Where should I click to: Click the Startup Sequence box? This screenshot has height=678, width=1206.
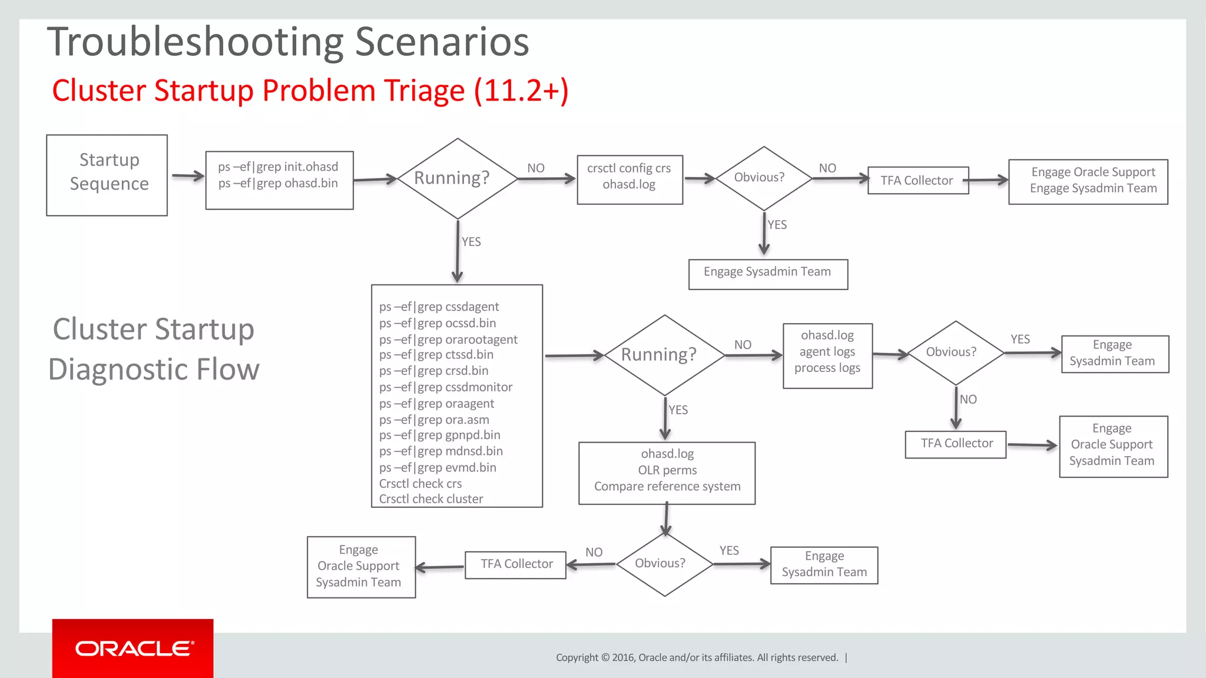pos(107,175)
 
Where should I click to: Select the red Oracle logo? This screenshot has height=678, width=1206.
pos(133,649)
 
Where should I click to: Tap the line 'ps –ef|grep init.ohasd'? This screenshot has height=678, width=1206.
pos(278,167)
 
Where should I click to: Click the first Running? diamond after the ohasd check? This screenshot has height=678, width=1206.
pos(457,178)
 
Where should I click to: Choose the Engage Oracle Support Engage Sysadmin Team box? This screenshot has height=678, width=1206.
pos(1088,181)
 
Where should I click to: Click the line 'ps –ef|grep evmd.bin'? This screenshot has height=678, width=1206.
pos(438,467)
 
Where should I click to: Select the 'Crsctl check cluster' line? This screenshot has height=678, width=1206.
pos(431,499)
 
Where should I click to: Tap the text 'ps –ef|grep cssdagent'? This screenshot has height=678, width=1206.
pos(439,307)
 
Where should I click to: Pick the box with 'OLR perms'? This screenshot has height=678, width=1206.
pos(667,473)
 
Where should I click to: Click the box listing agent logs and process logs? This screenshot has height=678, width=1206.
pos(827,355)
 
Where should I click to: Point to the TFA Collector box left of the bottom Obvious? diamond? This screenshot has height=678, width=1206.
pos(516,564)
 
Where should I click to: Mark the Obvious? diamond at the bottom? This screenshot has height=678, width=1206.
pos(664,564)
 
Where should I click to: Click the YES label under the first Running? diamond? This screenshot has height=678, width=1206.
pos(471,242)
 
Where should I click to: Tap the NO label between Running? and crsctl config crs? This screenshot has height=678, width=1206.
pos(535,168)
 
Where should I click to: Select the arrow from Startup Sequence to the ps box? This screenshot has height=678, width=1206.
pos(187,176)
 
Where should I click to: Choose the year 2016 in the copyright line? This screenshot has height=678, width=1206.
pos(623,657)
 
